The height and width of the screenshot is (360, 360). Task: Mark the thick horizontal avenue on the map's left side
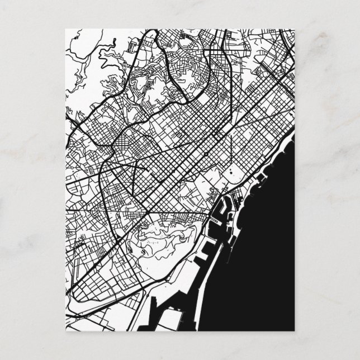pos(89,210)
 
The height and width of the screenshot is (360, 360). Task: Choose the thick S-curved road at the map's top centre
pos(190,78)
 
